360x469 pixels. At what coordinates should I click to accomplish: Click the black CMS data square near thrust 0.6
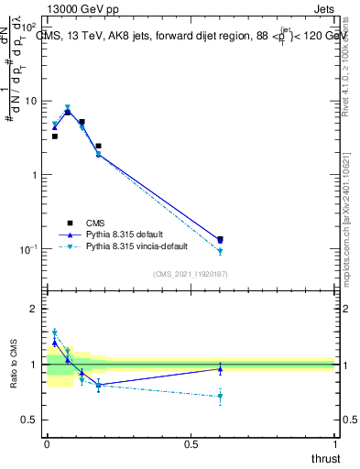coord(220,240)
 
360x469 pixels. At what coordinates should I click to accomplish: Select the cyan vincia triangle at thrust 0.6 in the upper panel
coord(220,251)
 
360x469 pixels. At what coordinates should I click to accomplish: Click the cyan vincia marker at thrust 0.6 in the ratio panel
coord(220,397)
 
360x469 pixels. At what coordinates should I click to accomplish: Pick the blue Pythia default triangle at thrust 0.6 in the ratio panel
coord(220,369)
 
